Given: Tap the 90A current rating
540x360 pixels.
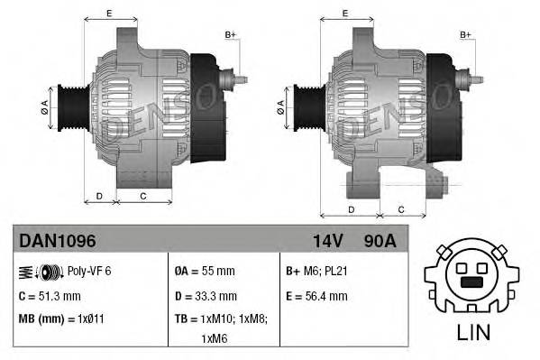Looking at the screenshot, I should tap(379, 241).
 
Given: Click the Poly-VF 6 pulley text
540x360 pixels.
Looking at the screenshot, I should tap(89, 271).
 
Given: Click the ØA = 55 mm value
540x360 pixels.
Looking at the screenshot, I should tap(205, 271).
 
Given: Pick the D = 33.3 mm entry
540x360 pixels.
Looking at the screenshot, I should tap(206, 295).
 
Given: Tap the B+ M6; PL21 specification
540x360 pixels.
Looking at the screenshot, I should tap(316, 271).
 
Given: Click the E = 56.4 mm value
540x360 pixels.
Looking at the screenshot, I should tap(316, 295).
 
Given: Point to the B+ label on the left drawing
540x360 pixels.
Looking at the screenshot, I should tap(230, 34).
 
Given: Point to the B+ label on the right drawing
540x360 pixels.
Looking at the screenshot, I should tap(466, 34).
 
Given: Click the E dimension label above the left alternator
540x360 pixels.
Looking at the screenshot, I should tap(109, 14).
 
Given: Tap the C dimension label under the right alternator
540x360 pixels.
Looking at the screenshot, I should tap(401, 210).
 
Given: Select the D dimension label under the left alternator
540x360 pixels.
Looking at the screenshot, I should tap(99, 196).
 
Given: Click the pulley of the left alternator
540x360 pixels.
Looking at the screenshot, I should tap(68, 106).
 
